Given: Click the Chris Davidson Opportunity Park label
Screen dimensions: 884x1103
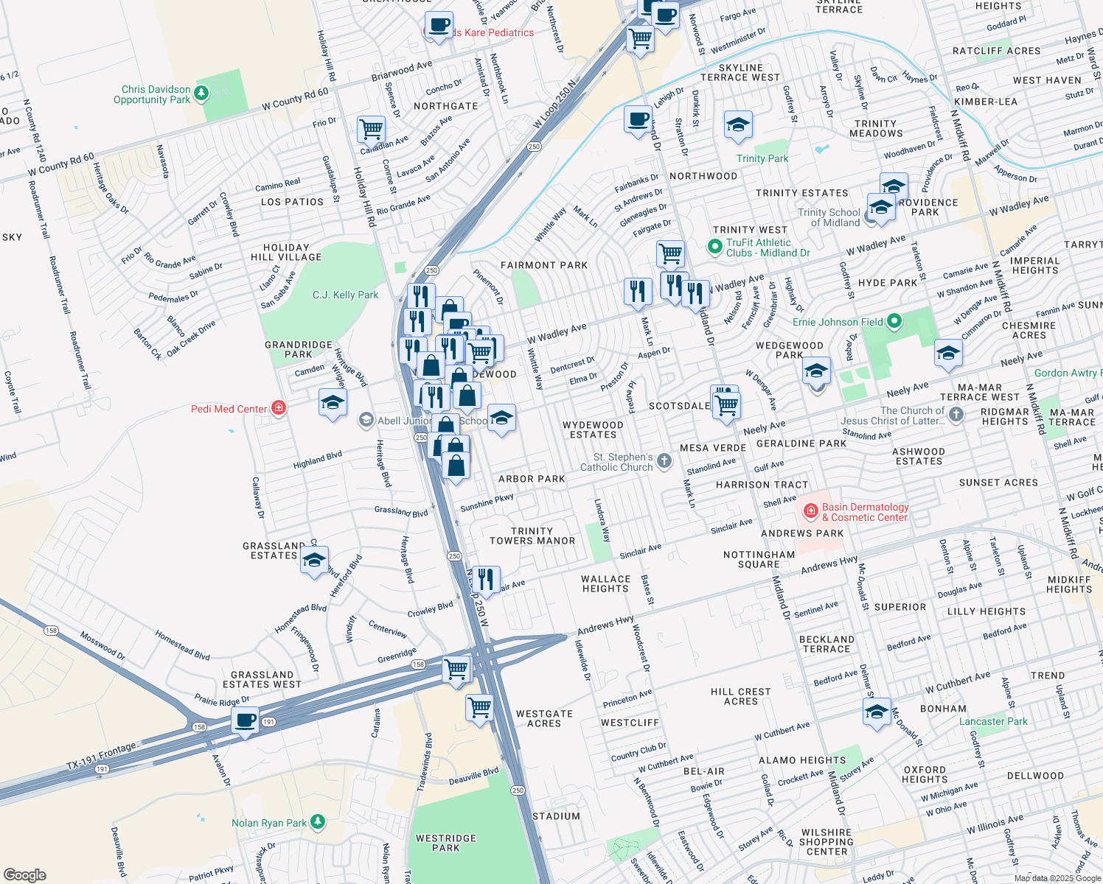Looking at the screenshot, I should (152, 94).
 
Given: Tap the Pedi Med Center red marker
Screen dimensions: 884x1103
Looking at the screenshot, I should (278, 408).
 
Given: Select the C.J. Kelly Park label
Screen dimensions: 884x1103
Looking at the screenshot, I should (345, 295).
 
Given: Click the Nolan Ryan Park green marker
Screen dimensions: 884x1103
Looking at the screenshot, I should (317, 821).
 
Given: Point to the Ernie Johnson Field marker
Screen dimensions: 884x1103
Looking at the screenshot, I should (894, 321).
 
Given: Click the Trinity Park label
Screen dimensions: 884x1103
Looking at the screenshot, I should (762, 158).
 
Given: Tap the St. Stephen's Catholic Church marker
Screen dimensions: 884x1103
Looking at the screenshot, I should (664, 461).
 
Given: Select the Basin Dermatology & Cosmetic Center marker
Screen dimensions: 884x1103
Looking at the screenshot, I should (810, 511).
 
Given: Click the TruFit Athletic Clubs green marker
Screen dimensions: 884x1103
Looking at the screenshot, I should (714, 247).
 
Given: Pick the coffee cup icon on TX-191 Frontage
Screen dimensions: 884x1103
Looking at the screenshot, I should (245, 720).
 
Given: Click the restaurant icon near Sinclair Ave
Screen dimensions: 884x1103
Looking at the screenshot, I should (485, 580).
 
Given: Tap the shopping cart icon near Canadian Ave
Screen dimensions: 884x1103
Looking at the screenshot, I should (371, 130).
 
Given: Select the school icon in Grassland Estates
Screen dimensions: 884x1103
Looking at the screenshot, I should (314, 561).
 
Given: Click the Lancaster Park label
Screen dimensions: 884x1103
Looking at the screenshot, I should (992, 721).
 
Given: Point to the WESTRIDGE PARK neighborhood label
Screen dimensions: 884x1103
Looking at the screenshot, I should (445, 843).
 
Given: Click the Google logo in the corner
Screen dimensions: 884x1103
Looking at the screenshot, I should (24, 874).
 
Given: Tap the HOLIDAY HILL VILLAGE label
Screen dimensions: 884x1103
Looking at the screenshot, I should (286, 253).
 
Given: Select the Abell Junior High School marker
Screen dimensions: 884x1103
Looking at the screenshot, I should (366, 421).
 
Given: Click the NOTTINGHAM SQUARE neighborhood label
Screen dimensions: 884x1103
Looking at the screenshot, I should (759, 559).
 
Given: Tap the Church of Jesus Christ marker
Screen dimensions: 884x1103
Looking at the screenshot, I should (956, 415).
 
